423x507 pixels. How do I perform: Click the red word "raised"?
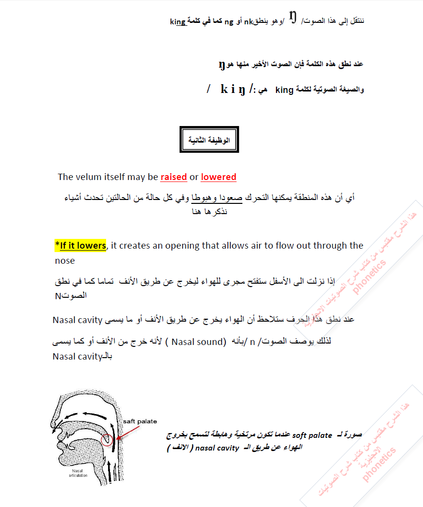tap(174, 177)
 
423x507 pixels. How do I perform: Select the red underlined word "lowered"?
tap(219, 177)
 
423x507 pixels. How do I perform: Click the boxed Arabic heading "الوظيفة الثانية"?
tap(209, 140)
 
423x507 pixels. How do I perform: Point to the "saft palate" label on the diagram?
tap(140, 421)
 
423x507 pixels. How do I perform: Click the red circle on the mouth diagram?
tap(107, 440)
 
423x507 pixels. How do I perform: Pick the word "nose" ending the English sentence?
tap(65, 261)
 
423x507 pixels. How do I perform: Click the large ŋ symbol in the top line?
tap(293, 18)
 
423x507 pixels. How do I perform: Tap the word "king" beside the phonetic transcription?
tap(284, 90)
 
